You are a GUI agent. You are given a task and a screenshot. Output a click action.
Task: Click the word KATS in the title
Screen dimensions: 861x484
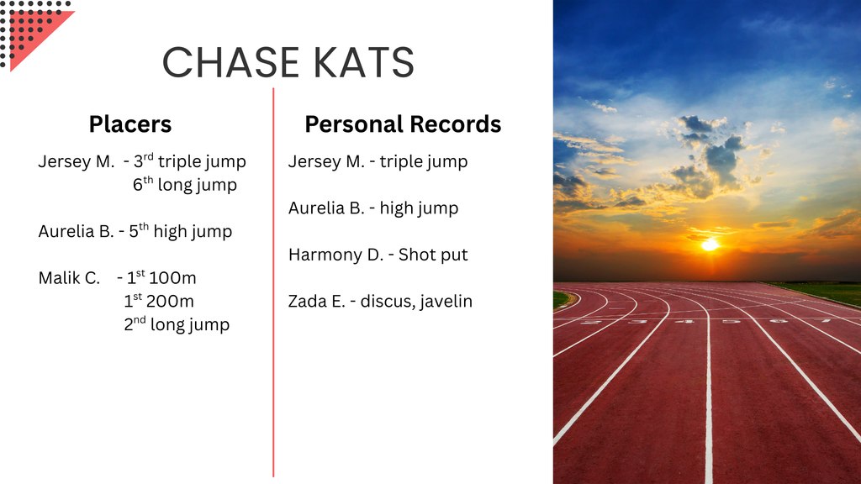(365, 62)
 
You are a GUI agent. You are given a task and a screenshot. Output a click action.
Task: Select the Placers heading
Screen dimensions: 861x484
(130, 124)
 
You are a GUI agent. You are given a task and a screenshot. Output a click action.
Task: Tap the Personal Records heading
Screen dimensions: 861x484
(403, 124)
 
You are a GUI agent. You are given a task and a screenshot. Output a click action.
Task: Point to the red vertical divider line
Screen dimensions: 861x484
(273, 282)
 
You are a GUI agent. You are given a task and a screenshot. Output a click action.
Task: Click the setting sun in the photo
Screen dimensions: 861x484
(710, 245)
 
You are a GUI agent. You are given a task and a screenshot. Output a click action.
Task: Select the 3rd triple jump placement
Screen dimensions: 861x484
(190, 161)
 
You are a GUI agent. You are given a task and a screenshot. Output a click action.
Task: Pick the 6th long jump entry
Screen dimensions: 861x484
(185, 184)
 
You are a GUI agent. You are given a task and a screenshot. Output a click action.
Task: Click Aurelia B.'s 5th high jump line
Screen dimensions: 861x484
(135, 231)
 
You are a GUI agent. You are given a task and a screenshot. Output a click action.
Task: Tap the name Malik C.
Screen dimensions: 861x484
(69, 277)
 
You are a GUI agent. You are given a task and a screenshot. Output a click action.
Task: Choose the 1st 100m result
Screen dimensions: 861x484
(161, 277)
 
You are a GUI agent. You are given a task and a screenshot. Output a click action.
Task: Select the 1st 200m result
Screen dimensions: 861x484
(159, 301)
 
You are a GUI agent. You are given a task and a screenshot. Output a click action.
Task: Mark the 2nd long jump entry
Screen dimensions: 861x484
(177, 324)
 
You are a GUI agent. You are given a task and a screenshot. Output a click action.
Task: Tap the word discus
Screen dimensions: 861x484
(387, 302)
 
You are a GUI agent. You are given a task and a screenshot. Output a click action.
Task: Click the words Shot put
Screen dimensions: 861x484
(433, 255)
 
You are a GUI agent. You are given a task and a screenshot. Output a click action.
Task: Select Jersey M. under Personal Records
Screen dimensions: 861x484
(326, 161)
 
